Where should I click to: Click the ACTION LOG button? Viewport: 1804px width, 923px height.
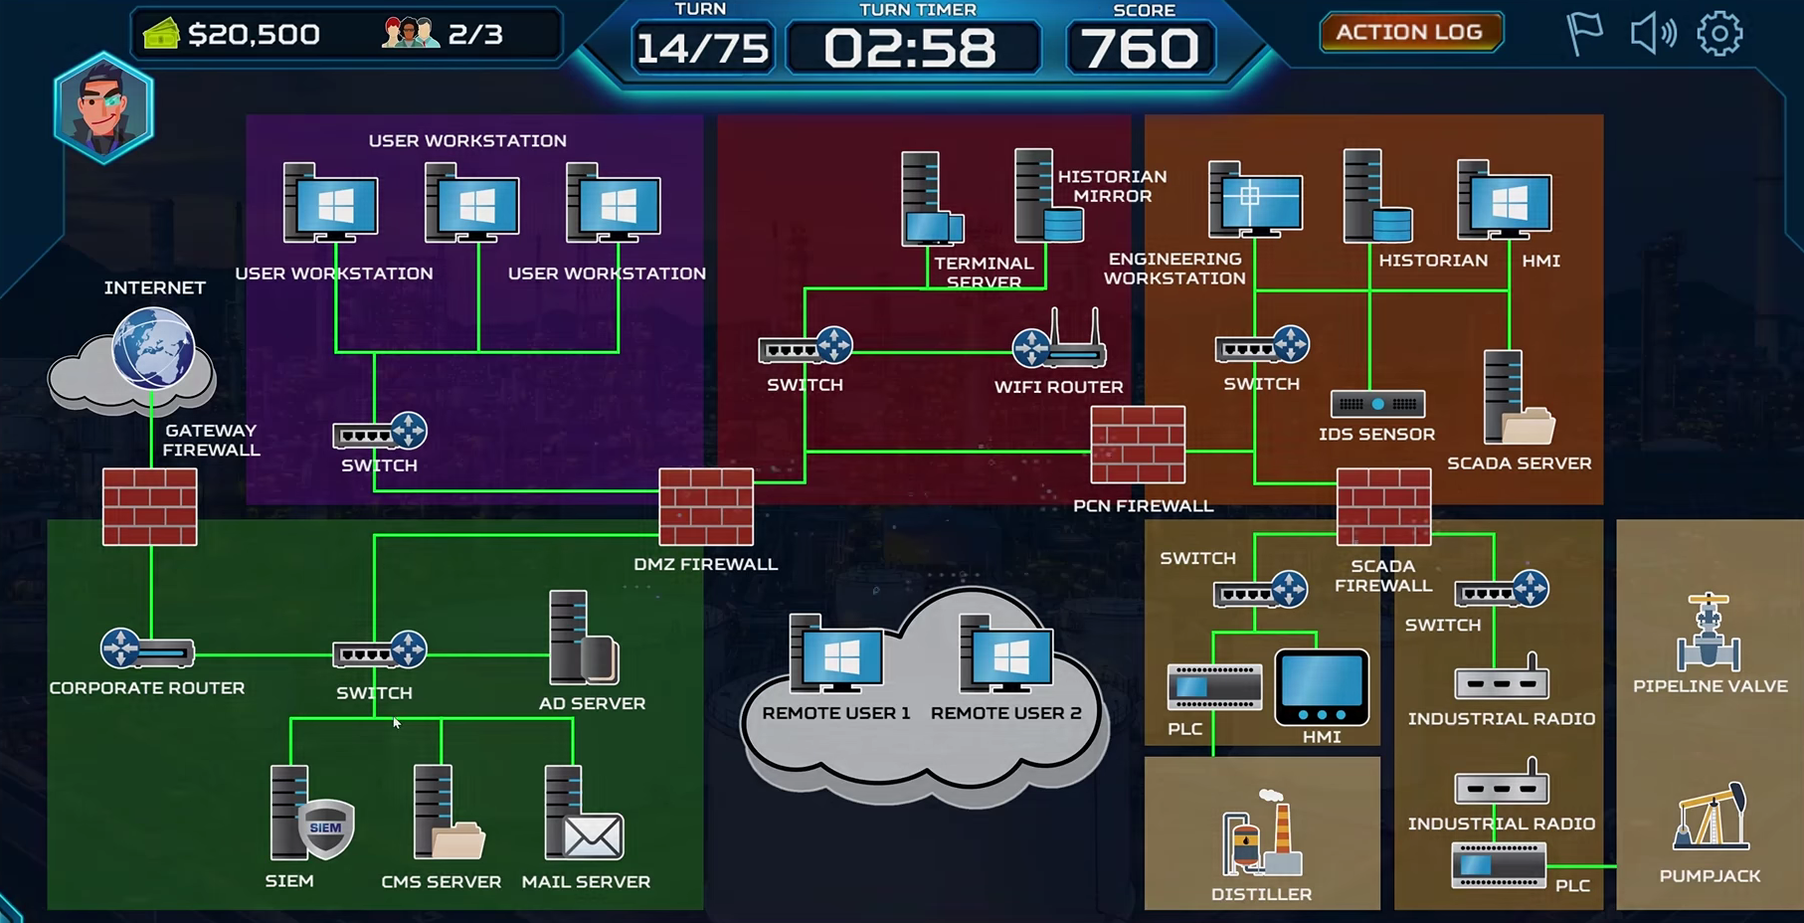coord(1409,32)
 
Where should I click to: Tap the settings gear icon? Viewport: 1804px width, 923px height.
coord(1719,34)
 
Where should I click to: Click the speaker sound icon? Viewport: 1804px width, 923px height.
coord(1652,34)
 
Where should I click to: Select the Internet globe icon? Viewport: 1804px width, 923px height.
coord(152,348)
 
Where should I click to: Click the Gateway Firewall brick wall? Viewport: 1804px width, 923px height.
coord(150,507)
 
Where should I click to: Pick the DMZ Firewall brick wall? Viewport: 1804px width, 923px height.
coord(706,507)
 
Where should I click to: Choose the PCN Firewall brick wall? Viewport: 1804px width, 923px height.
coord(1138,445)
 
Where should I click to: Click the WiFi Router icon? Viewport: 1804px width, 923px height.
coord(1059,341)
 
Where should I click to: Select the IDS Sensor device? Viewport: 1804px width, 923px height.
coord(1377,404)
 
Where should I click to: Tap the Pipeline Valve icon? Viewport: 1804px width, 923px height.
coord(1709,633)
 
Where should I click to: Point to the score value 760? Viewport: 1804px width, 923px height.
coord(1140,48)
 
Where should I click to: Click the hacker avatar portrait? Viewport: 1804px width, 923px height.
coord(103,107)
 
